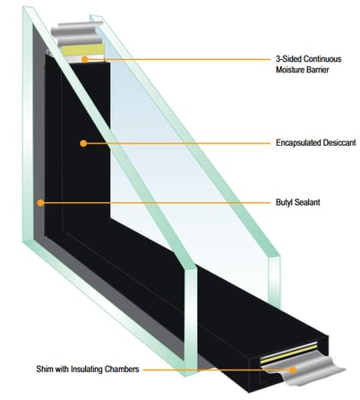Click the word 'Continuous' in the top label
pos(322,59)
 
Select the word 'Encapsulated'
pos(297,143)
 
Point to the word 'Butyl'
pos(284,202)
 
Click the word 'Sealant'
pos(307,202)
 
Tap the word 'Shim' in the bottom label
pos(44,369)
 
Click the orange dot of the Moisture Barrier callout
pos(85,59)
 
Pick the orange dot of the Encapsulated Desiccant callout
pos(83,143)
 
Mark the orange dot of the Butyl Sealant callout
pos(40,203)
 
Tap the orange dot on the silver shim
pos(293,370)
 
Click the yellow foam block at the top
pos(82,50)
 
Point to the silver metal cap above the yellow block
pos(76,33)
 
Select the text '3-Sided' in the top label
pos(288,59)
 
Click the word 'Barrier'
pos(317,70)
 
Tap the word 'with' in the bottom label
pos(61,369)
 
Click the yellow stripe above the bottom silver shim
pos(288,353)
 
